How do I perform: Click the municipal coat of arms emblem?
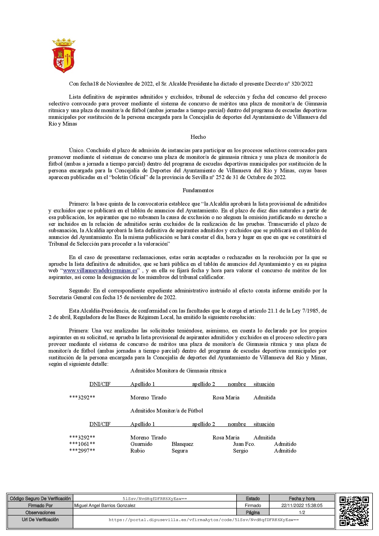(64, 56)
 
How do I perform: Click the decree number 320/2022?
(302, 84)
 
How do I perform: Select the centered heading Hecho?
(198, 137)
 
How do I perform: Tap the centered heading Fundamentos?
(198, 190)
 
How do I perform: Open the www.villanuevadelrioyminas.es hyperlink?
(100, 271)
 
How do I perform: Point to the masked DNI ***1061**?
(82, 444)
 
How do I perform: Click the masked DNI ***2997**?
(82, 451)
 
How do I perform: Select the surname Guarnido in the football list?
(141, 444)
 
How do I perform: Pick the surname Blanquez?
(182, 444)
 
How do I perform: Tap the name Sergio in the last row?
(241, 451)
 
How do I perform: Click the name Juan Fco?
(244, 444)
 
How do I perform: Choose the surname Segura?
(180, 451)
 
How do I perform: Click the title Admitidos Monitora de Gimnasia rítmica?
(178, 371)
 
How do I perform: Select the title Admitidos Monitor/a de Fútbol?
(167, 411)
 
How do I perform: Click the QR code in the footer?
(354, 511)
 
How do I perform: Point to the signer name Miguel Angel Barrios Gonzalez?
(105, 505)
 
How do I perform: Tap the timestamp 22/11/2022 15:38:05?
(302, 505)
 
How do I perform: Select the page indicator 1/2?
(302, 512)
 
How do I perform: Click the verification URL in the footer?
(204, 519)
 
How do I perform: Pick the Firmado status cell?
(253, 505)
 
